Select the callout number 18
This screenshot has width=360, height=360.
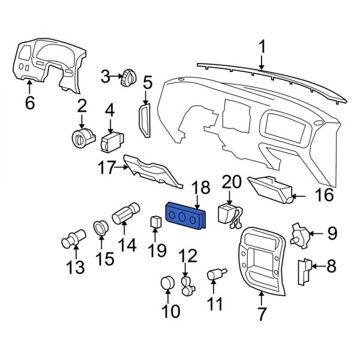[201, 187]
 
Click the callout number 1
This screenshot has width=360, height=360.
[262, 46]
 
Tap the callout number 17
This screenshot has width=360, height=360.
[106, 169]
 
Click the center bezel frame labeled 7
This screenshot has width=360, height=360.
[262, 264]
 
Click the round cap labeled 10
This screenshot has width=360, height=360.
[167, 284]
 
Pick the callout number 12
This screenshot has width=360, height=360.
[188, 256]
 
